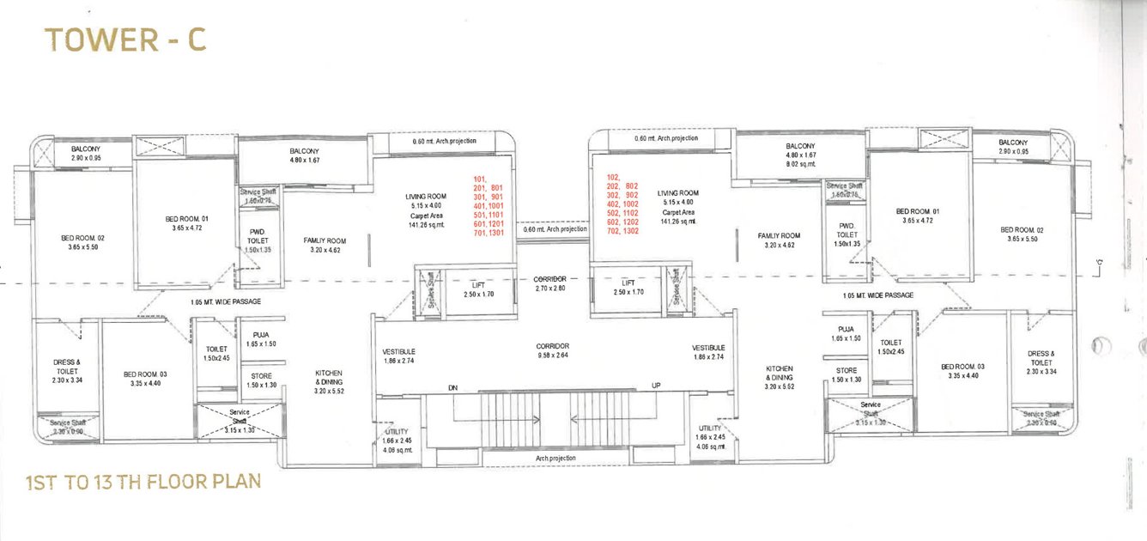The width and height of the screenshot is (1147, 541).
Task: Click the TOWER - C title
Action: [x=125, y=40]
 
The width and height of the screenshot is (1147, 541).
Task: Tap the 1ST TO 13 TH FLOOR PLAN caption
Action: [x=143, y=482]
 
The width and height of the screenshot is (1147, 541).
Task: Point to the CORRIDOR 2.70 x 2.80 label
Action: [x=549, y=284]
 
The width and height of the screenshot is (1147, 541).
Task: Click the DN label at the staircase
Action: [x=453, y=389]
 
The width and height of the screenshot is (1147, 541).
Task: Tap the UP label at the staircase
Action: [x=655, y=386]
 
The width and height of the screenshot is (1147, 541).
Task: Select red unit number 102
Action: [x=614, y=176]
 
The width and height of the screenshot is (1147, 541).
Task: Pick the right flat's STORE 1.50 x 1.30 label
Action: [x=847, y=375]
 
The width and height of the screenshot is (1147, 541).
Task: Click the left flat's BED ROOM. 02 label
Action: [x=82, y=242]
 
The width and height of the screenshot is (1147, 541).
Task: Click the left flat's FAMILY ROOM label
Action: [x=324, y=246]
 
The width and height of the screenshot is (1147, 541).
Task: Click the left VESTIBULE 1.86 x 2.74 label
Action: [x=399, y=356]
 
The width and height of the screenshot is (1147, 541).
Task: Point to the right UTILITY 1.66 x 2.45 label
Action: [x=711, y=437]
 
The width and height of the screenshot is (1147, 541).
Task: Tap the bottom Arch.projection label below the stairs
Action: [x=555, y=459]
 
